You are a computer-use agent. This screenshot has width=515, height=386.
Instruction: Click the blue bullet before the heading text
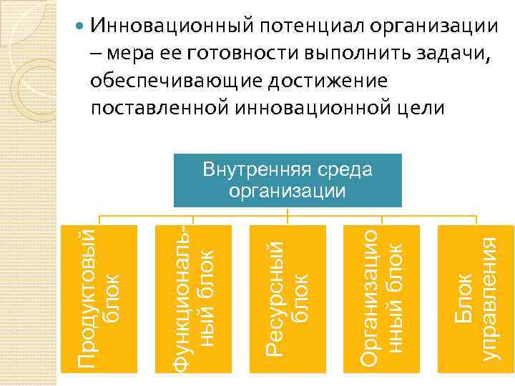tap(81, 28)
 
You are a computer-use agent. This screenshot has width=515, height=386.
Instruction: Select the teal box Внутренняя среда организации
tap(287, 180)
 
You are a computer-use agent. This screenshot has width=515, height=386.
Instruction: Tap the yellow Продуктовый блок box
tap(98, 298)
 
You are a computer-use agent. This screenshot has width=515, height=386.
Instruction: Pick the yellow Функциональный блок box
tap(194, 298)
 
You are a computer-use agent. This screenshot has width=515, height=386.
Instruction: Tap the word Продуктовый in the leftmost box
tap(87, 298)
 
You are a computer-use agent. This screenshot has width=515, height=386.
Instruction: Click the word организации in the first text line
tap(433, 26)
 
